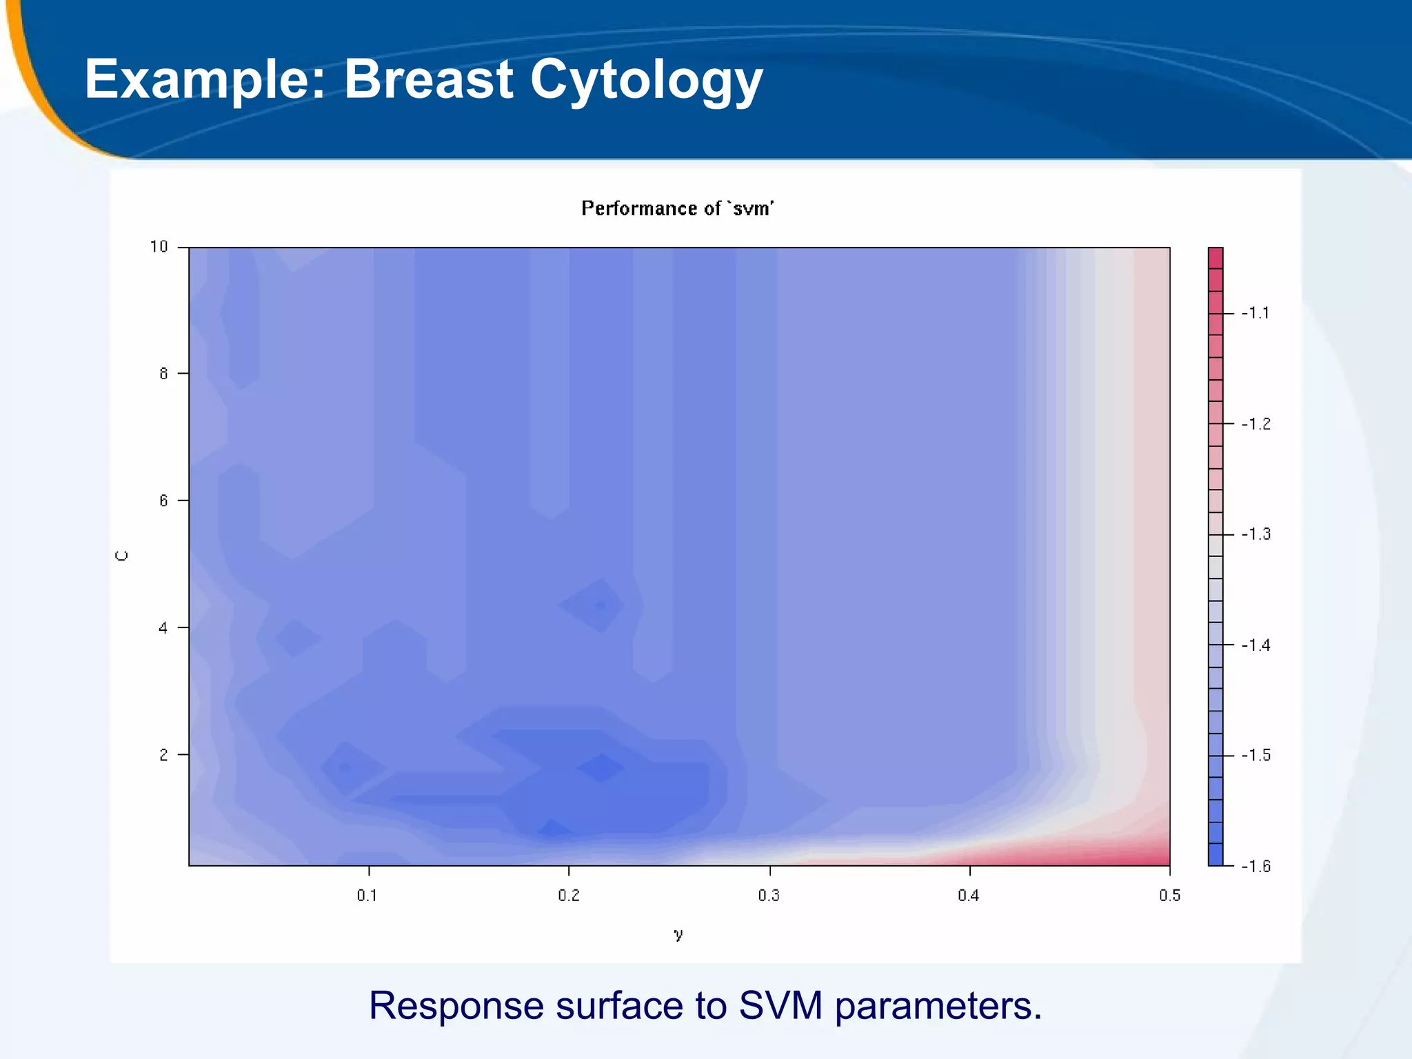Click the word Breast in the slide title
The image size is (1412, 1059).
coord(428,79)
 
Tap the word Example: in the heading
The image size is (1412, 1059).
coord(204,80)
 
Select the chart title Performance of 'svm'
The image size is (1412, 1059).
coord(677,208)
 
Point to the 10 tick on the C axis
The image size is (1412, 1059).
coord(159,247)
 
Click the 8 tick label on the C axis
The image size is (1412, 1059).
coord(163,374)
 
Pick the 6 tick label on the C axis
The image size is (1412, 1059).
coord(163,501)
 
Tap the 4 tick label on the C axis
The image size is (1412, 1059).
coord(163,627)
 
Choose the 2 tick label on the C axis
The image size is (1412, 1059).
coord(163,755)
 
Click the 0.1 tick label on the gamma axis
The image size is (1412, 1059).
coord(367,896)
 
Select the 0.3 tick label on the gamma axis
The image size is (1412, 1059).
coord(769,896)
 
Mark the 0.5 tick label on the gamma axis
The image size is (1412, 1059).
coord(1169,896)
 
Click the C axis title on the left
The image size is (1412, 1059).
coord(122,556)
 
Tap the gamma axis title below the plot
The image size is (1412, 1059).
coord(678,934)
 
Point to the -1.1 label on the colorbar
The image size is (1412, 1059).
coord(1255,314)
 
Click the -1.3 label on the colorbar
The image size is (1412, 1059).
coord(1255,534)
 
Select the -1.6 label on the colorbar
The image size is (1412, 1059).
coord(1255,867)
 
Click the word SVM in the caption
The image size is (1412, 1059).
coord(780,1005)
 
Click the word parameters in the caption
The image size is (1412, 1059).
coord(938,1007)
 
